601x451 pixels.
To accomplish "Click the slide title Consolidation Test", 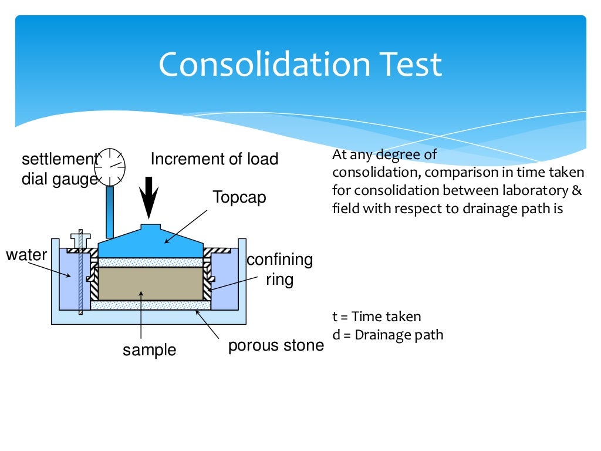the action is coord(300,64).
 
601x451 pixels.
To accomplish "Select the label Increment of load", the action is coord(214,159).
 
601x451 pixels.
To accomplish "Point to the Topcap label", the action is coord(239,197).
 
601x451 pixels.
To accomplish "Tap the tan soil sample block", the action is coord(150,284).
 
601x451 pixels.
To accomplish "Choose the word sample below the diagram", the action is coord(149,350).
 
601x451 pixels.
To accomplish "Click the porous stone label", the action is coord(275,345).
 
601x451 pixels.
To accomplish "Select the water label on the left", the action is coord(26,255).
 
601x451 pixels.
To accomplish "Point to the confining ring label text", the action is coord(279,270).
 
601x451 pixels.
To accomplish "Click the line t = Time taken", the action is coord(376,317).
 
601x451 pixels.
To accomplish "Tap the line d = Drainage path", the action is coord(387,335).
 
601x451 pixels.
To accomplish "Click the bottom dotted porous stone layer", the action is coord(150,305).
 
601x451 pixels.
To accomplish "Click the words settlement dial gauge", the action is coord(59,169).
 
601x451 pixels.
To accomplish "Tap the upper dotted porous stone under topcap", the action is coord(150,262).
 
